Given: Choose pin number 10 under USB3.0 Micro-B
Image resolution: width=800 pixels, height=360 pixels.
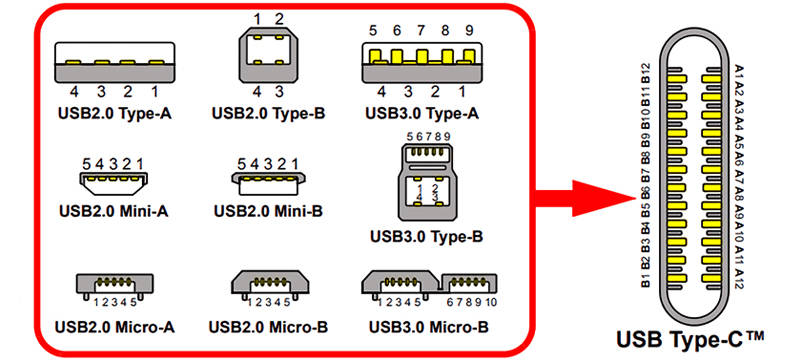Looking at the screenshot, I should [494, 302].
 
